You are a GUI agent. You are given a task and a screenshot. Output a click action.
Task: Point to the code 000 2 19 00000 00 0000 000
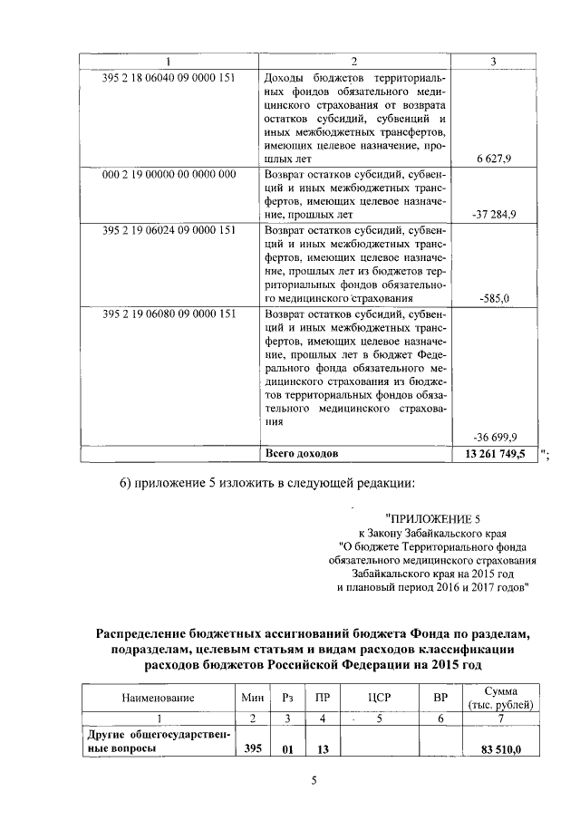169,173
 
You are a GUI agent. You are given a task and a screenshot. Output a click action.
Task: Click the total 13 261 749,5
495,451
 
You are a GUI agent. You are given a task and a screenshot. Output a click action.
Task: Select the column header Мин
252,698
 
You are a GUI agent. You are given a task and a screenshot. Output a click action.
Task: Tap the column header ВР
441,698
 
